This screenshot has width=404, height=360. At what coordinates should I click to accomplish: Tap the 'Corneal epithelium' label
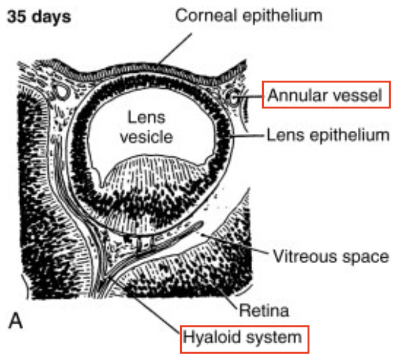point(248,15)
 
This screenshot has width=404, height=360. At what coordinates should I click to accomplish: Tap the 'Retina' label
point(263,311)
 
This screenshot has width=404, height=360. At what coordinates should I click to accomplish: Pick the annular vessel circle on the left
point(59,91)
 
